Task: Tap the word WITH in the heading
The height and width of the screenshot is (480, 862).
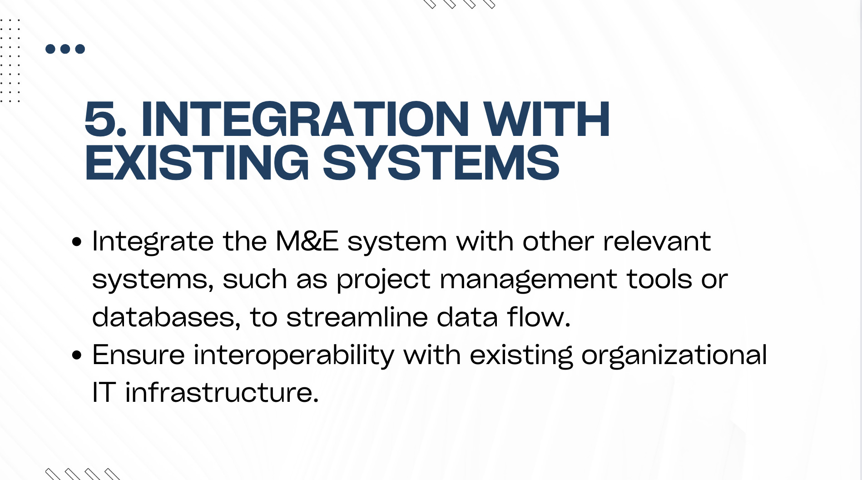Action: click(546, 119)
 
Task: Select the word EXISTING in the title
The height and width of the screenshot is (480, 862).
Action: click(197, 163)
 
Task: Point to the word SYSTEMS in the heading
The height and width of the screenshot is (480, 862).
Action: click(441, 163)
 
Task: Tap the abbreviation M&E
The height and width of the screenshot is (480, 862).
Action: click(307, 241)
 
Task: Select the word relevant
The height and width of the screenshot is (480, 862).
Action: click(657, 241)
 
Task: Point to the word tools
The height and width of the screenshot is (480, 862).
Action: click(659, 279)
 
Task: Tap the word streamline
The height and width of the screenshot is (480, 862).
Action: click(357, 317)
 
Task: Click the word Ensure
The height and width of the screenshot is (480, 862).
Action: click(139, 355)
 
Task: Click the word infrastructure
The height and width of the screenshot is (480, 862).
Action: click(222, 392)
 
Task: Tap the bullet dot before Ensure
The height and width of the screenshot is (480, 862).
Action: click(77, 355)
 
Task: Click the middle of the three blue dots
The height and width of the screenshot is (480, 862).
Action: click(65, 49)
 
